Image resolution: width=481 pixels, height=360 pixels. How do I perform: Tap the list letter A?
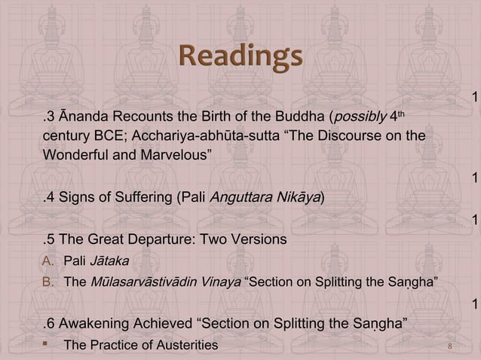coord(47,261)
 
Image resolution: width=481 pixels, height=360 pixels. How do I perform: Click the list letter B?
coord(47,282)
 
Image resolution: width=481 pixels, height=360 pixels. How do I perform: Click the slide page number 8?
coord(449,346)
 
